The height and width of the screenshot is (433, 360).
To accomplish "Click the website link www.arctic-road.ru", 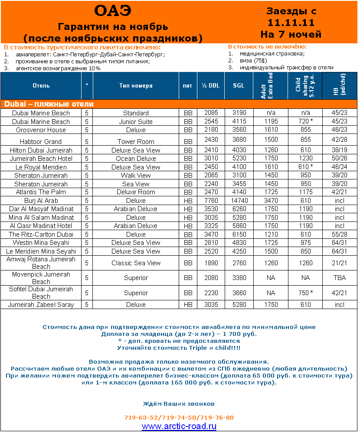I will tap(179, 426).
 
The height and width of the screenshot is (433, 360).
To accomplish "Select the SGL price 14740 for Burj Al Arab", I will tap(239, 201).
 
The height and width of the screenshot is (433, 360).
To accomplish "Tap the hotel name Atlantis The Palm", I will tap(41, 192).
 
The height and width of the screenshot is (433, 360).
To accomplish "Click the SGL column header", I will tap(239, 85).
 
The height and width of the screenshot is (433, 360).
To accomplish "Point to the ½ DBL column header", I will tap(211, 85).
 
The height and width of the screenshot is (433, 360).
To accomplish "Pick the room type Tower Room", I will tap(136, 141).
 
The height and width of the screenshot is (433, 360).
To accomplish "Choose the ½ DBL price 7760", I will tap(211, 201).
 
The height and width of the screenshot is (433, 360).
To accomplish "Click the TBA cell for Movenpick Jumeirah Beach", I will tap(340, 278).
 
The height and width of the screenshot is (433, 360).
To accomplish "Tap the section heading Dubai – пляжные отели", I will tap(49, 104).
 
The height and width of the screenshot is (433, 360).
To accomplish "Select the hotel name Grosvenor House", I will tap(41, 130).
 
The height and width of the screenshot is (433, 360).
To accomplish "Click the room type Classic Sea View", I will tap(136, 263).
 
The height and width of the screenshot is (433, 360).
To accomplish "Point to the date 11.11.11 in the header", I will tap(291, 23).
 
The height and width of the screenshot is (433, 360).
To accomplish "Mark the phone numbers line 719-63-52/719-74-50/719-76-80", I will tap(179, 417).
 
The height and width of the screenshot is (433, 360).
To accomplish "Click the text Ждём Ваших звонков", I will tap(179, 404).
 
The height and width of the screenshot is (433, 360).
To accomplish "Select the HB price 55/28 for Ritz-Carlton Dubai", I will tap(340, 234).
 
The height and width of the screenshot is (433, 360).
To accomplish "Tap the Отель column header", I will tap(41, 85).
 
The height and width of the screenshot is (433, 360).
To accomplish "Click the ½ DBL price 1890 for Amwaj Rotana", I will tap(211, 263).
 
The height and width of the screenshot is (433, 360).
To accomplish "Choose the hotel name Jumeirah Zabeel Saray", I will tap(41, 305).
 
